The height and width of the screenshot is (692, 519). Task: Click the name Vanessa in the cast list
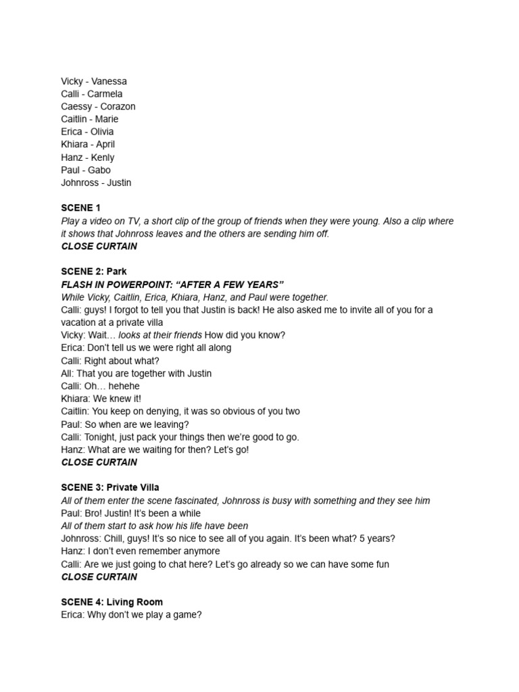tap(109, 81)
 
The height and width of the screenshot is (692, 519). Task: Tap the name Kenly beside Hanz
tap(103, 157)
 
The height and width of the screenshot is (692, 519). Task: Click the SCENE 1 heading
tap(80, 208)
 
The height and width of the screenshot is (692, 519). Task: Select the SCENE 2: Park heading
tap(94, 272)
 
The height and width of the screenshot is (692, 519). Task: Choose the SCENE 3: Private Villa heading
tap(110, 487)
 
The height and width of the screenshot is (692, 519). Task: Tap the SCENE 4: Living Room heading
tap(112, 602)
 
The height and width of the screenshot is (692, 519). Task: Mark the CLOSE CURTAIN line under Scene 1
tap(99, 247)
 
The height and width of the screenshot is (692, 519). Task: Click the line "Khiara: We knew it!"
tap(101, 399)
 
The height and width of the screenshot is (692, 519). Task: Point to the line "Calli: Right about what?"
tap(110, 361)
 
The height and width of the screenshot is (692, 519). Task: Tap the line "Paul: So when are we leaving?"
tap(125, 424)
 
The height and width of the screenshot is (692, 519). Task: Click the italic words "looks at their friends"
tap(160, 335)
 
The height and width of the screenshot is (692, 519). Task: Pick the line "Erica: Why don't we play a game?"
tap(131, 615)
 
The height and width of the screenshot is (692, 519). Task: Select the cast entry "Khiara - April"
tap(88, 145)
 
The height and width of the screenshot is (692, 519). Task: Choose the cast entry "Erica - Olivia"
tap(87, 132)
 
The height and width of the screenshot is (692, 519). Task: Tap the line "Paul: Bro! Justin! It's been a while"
tap(130, 513)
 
